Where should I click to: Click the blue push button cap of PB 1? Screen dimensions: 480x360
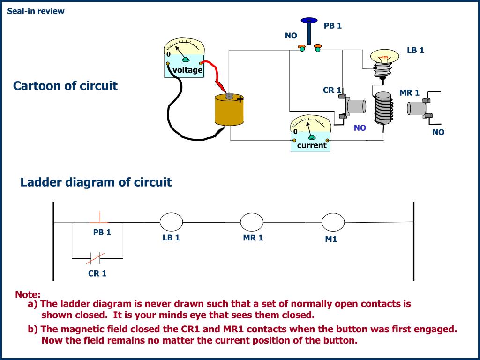pyautogui.click(x=309, y=20)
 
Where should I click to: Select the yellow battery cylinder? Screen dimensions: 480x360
pyautogui.click(x=229, y=110)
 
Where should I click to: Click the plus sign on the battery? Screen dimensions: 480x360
pyautogui.click(x=240, y=99)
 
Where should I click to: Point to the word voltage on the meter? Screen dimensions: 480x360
pyautogui.click(x=187, y=70)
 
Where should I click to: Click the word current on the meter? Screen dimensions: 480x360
pyautogui.click(x=312, y=145)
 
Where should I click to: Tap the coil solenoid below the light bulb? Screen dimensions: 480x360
pyautogui.click(x=383, y=108)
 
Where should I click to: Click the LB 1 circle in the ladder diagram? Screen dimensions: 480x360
pyautogui.click(x=172, y=222)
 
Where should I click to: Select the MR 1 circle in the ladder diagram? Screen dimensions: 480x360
pyautogui.click(x=252, y=222)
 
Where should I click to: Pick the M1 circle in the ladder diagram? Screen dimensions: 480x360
pyautogui.click(x=333, y=222)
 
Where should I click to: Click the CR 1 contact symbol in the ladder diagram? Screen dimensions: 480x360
pyautogui.click(x=95, y=258)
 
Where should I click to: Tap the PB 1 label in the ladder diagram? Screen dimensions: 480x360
pyautogui.click(x=102, y=232)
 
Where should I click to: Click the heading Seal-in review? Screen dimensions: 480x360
pyautogui.click(x=36, y=11)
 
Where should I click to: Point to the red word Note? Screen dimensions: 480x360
pyautogui.click(x=28, y=294)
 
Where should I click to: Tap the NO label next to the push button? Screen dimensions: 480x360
pyautogui.click(x=291, y=36)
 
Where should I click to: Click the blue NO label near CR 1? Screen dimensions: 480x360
pyautogui.click(x=360, y=128)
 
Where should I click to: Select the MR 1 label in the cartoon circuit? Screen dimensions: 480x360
pyautogui.click(x=409, y=93)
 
